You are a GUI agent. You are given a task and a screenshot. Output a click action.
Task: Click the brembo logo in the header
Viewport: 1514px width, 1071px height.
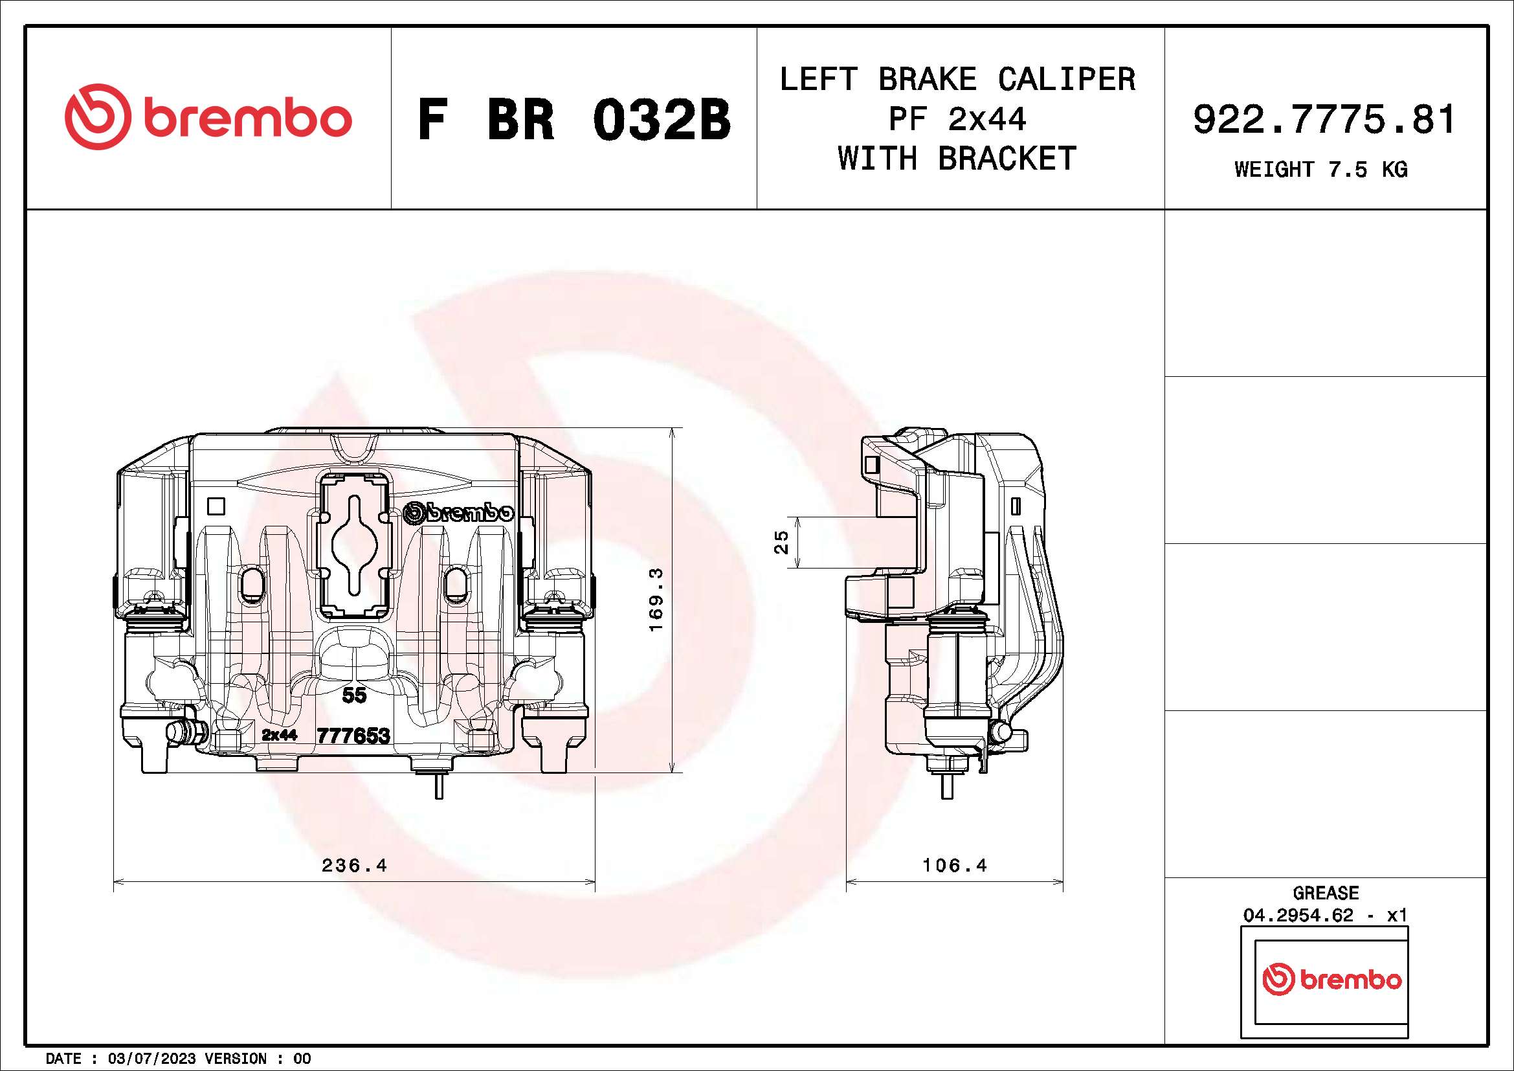point(208,117)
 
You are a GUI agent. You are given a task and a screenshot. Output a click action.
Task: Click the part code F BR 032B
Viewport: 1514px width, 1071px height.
point(573,120)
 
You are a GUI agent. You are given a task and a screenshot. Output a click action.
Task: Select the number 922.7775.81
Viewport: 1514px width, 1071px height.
point(1324,120)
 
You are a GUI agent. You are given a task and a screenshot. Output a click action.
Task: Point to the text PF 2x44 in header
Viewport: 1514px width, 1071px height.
point(957,119)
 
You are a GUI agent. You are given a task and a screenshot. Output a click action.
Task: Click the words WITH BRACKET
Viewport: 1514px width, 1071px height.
point(957,159)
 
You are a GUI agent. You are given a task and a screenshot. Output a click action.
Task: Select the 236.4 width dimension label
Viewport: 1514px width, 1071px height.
point(354,865)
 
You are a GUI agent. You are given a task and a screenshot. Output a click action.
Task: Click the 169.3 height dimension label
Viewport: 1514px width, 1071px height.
point(656,600)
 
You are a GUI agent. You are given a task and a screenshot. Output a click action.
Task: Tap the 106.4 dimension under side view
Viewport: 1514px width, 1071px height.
point(954,865)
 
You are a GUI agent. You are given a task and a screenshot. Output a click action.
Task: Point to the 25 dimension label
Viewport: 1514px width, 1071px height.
point(781,542)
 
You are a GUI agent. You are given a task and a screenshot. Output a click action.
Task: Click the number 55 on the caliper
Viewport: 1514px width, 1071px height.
point(354,694)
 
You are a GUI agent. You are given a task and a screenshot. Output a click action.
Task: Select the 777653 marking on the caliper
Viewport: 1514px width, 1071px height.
point(353,736)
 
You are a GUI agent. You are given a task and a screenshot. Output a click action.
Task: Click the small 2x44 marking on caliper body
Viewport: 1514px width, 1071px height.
point(279,735)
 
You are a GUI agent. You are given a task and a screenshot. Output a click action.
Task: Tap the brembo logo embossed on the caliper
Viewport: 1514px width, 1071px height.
point(458,512)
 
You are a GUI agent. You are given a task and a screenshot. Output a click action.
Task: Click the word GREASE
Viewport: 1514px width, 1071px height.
point(1326,893)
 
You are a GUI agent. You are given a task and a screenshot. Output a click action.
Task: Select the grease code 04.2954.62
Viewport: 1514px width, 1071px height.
point(1298,916)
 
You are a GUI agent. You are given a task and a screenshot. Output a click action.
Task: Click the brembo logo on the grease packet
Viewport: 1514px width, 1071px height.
point(1331,980)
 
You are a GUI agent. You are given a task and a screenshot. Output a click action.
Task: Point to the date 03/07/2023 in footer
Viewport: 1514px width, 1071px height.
point(151,1059)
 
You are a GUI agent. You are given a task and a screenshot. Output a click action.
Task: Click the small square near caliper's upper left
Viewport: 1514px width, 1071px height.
point(216,506)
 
